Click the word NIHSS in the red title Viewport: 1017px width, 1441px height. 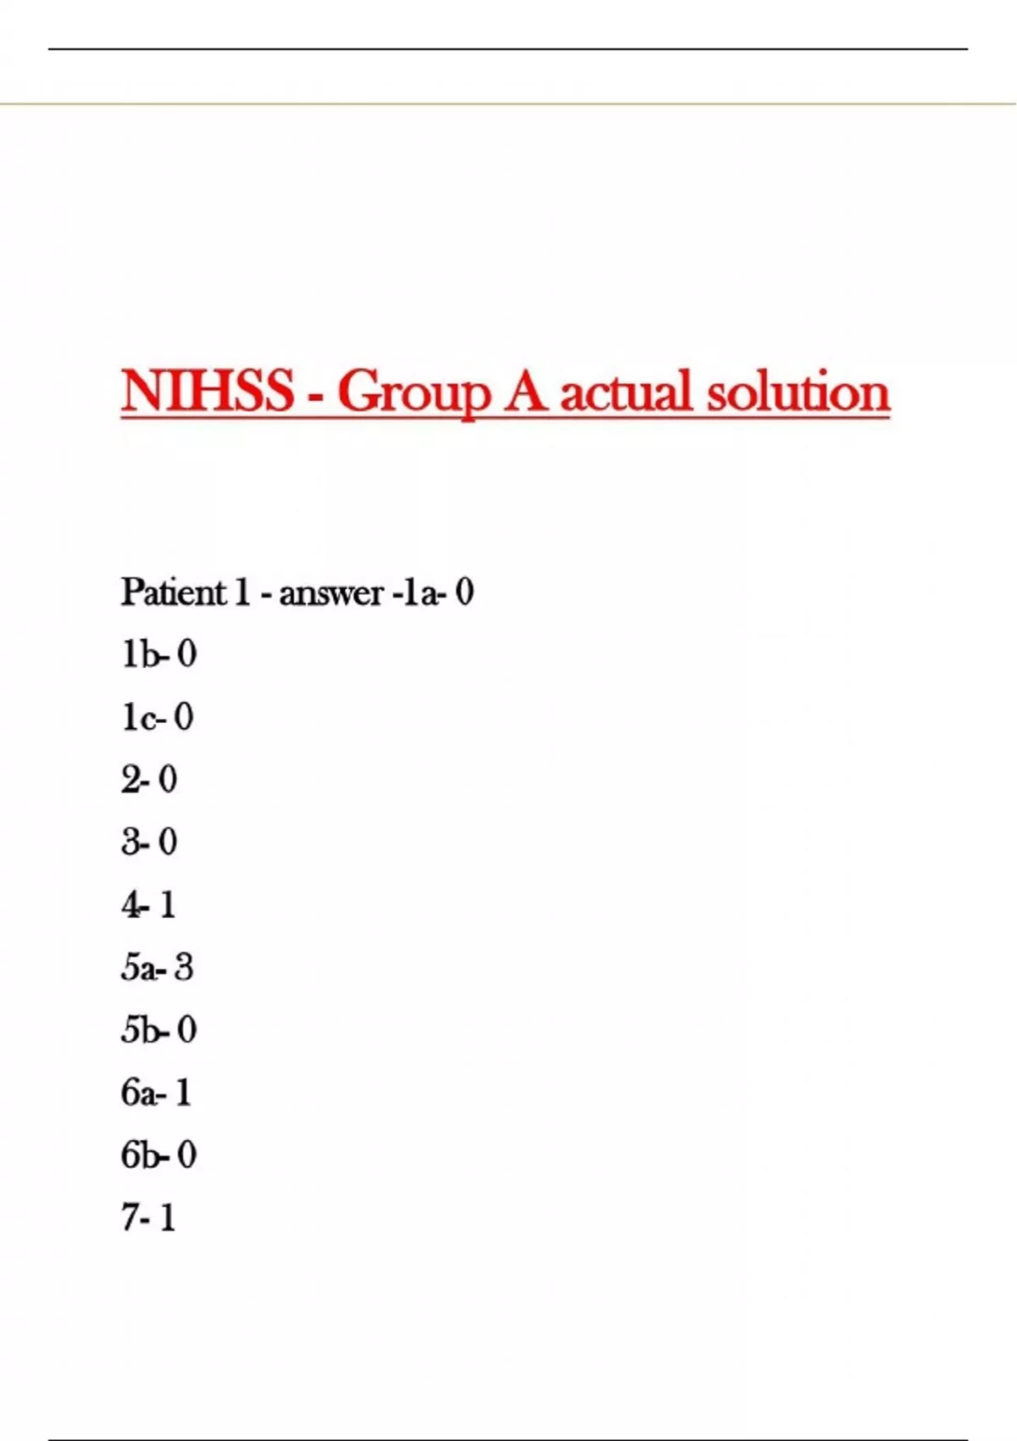coord(207,391)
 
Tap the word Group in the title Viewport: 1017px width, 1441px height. coord(414,392)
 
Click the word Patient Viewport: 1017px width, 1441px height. coord(174,592)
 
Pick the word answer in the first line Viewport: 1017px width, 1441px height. coord(331,593)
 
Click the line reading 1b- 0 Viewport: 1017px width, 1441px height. coord(158,654)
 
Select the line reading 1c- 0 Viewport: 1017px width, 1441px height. coord(157,717)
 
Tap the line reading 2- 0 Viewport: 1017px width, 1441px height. coord(149,780)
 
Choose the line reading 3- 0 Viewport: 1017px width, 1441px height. coord(149,842)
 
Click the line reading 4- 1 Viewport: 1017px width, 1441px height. coord(148,904)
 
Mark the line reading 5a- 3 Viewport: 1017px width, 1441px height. coord(157,967)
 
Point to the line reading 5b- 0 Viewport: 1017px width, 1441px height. coord(158,1030)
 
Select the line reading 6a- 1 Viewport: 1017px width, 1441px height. coord(156,1093)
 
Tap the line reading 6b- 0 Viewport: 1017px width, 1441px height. coord(158,1154)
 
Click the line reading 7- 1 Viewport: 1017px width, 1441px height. coord(148,1217)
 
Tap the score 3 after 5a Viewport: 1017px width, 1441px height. coord(184,967)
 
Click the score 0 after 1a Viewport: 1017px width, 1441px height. coord(464,592)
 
